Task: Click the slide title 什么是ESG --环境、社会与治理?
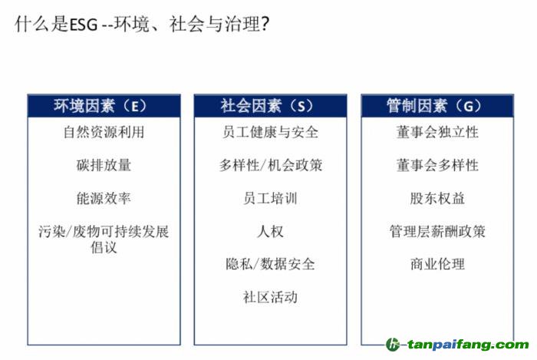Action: click(x=142, y=25)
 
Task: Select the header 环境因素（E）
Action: click(x=100, y=106)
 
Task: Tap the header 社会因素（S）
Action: click(x=267, y=106)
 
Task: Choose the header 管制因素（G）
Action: click(x=434, y=106)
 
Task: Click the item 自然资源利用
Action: click(x=104, y=132)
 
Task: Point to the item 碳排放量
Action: click(x=104, y=165)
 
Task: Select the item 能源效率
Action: click(x=104, y=198)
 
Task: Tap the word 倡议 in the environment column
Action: click(x=104, y=247)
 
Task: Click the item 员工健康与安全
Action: click(x=270, y=132)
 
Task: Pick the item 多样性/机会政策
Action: click(x=271, y=165)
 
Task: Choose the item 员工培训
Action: click(x=270, y=198)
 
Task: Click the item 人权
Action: click(x=270, y=231)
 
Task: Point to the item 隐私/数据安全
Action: click(x=270, y=264)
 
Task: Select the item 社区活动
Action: click(x=270, y=297)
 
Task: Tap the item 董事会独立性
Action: click(x=437, y=132)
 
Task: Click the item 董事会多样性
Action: click(x=437, y=165)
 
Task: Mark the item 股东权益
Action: click(x=437, y=198)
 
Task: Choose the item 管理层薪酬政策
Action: click(x=437, y=231)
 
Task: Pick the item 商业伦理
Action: click(x=437, y=264)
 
